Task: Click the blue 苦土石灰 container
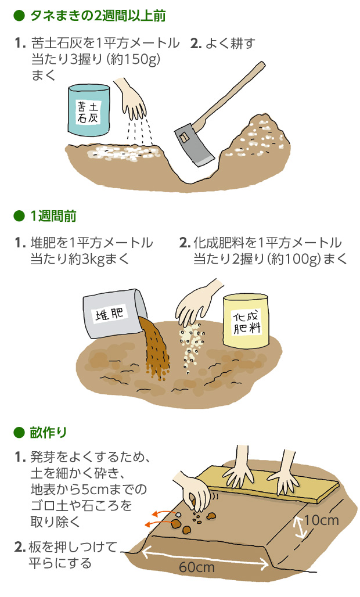[89, 110]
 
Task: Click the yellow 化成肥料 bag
[246, 321]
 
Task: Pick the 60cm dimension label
[197, 567]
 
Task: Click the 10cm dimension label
[322, 520]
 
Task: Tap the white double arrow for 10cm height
[300, 527]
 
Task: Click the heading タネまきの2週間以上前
[98, 16]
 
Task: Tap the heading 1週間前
[53, 216]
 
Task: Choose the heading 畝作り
[48, 433]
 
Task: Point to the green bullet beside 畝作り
[19, 433]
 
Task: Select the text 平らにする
[60, 563]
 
